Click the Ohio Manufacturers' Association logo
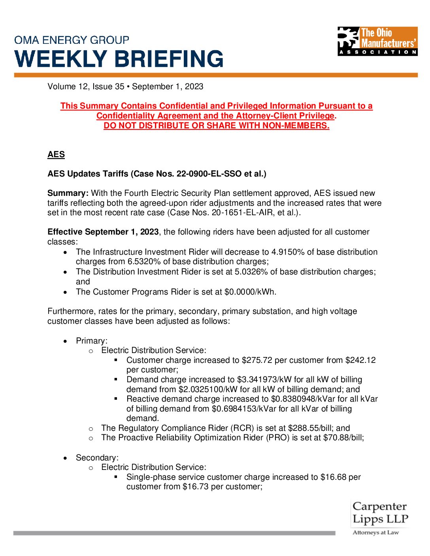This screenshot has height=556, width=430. click(377, 41)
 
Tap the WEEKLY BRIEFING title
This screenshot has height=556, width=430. click(119, 59)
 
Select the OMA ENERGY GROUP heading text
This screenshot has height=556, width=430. click(72, 40)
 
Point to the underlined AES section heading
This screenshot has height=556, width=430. click(56, 154)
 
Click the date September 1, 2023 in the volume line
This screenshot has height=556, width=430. click(168, 86)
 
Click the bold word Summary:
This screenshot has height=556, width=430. click(68, 193)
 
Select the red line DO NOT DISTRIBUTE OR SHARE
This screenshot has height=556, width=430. click(216, 126)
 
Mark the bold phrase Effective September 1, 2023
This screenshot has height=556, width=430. click(103, 232)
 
